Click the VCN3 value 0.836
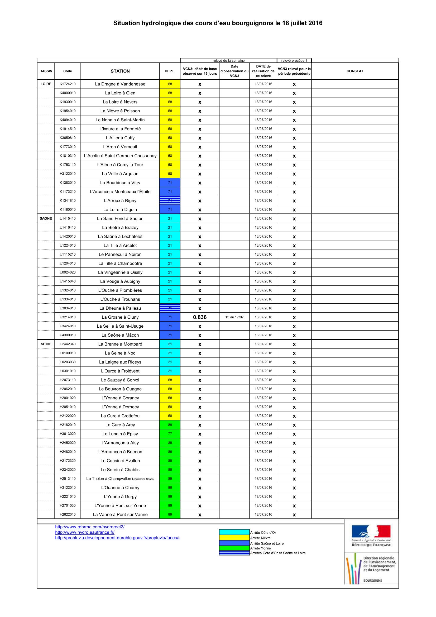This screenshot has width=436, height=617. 200,317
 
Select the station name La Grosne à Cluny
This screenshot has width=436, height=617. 120,317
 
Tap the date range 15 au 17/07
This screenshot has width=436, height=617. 234,317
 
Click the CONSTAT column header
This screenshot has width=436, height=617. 354,71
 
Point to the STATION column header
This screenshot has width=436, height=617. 120,71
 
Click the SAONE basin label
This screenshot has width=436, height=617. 46,218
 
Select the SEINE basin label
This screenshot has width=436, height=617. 46,344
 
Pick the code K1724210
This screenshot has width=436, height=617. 68,84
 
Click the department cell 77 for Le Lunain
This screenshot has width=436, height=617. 170,434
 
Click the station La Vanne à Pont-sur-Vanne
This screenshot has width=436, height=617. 120,514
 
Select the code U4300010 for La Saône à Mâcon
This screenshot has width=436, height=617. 68,335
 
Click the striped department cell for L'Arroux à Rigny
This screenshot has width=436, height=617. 170,200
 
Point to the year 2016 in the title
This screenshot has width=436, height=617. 315,23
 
